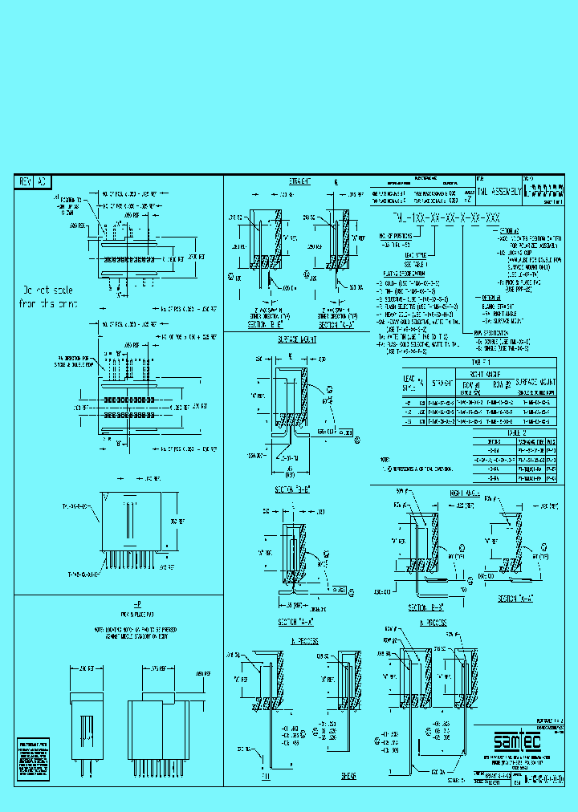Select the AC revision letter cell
(x=43, y=182)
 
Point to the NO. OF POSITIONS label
(x=397, y=236)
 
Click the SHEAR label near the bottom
(x=348, y=776)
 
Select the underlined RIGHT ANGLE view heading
(x=464, y=495)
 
